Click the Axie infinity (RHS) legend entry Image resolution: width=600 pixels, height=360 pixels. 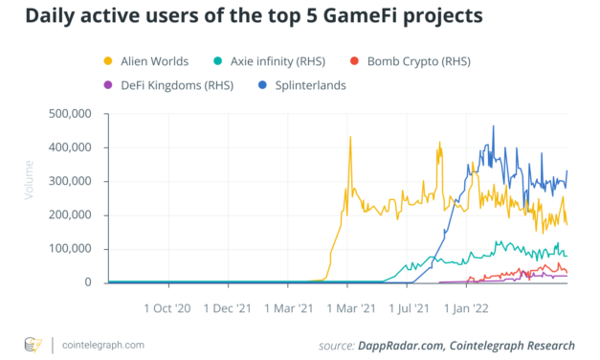point(273,62)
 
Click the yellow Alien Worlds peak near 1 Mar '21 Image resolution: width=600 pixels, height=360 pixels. point(350,137)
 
